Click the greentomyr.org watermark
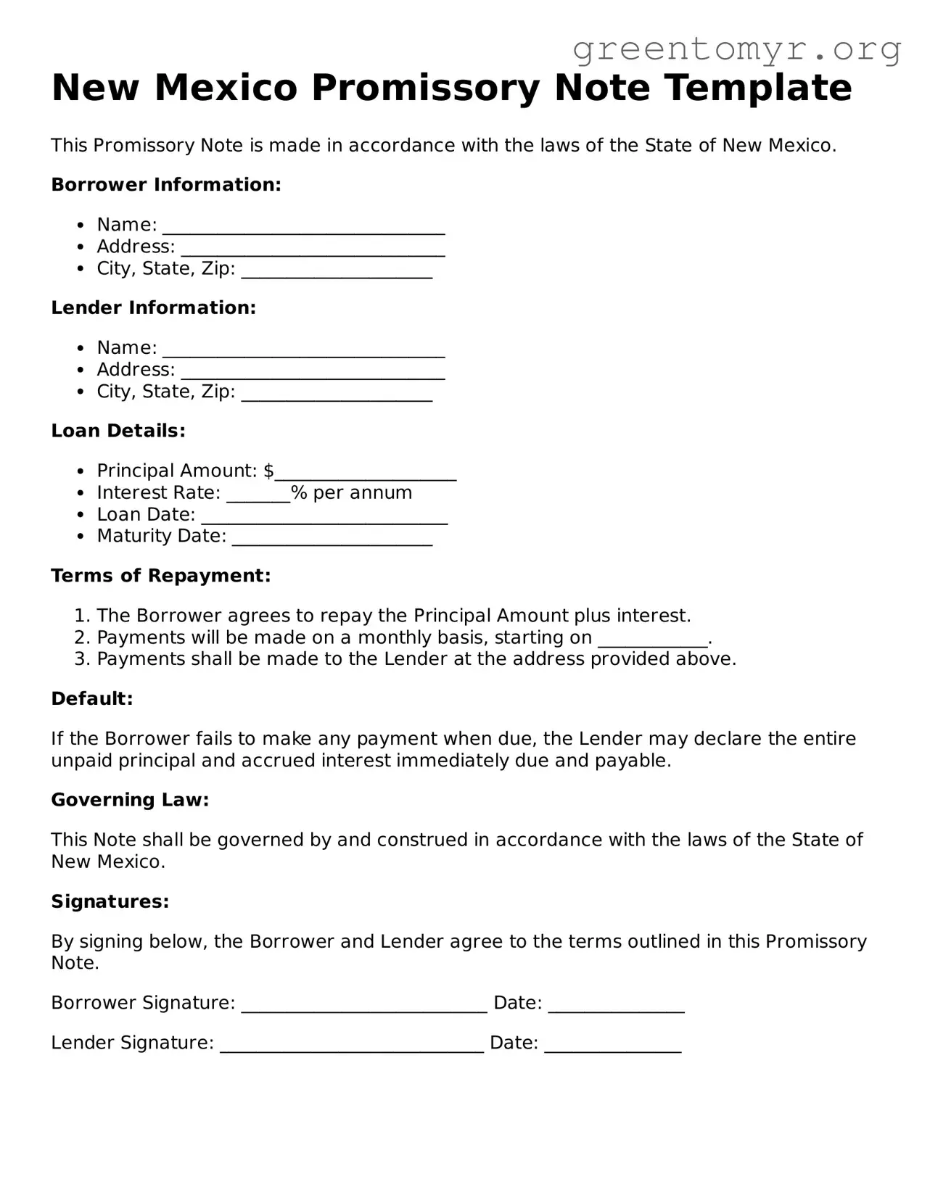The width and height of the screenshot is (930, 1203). coord(736,49)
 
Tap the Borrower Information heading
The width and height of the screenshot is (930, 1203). coord(166,185)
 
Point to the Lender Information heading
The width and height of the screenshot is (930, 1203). coord(154,308)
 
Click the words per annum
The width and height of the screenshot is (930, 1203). coord(362,493)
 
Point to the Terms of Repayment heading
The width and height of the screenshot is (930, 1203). coord(161,576)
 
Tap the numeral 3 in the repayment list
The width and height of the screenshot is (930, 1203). coord(81,659)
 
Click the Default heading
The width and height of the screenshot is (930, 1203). coord(92,699)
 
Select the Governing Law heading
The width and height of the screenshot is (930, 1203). coord(130,801)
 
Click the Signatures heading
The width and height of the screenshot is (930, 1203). coord(110,902)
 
